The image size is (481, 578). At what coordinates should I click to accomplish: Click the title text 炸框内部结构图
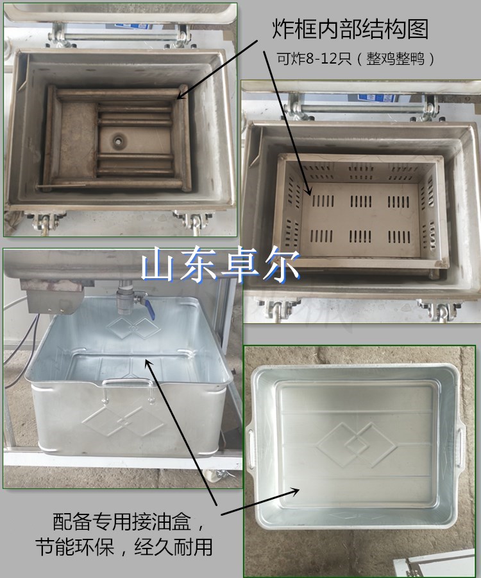tap(350, 29)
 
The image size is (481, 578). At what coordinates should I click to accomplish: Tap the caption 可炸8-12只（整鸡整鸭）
tap(355, 58)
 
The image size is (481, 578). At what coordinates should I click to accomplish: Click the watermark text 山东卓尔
tap(221, 265)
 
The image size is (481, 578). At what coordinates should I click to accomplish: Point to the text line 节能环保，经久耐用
tap(124, 547)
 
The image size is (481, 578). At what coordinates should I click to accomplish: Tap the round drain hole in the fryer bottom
tap(119, 141)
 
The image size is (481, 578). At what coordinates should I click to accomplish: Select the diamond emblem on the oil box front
tap(123, 421)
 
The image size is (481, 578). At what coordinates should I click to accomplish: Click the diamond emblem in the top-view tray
tap(356, 444)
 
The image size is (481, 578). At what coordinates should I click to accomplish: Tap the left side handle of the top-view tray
tap(251, 446)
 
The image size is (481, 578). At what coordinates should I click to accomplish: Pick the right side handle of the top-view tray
tap(460, 447)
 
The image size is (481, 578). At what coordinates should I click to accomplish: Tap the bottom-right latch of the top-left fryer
tap(193, 222)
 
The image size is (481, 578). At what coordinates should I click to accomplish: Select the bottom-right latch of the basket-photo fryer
tap(439, 310)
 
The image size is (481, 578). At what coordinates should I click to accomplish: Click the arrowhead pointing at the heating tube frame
tap(181, 94)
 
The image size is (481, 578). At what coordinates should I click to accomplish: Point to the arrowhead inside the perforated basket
tap(308, 190)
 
